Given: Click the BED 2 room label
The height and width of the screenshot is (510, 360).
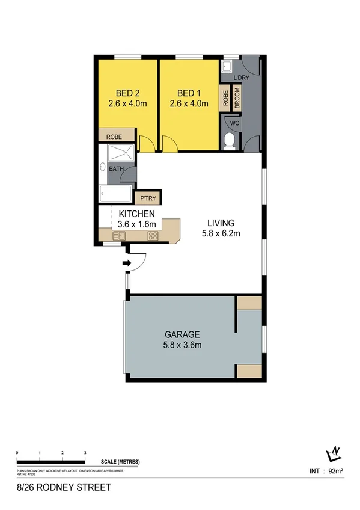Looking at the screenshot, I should pos(127,93).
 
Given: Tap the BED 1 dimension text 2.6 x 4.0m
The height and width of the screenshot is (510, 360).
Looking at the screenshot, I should pos(189,103).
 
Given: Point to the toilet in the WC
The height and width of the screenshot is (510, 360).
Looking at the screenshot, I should pos(228,141).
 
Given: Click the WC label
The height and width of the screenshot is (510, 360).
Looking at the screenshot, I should pos(234,124).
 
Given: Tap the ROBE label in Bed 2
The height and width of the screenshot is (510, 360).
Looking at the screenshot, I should pos(114,137).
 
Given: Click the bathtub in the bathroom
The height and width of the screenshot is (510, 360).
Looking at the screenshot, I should pos(116,194).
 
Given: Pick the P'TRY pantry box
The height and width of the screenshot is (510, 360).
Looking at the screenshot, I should pos(148,198).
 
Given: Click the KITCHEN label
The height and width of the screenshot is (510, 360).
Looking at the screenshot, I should pos(137,214).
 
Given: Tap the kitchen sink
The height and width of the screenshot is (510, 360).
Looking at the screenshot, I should pos(117,236).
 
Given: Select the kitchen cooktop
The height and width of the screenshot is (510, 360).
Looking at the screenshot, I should pos(153,236).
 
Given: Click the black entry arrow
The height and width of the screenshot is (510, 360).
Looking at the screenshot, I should pos(127,263).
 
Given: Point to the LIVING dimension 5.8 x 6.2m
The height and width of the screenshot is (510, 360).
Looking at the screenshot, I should pos(221,234).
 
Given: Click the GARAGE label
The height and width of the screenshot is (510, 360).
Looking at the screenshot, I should pos(182,334).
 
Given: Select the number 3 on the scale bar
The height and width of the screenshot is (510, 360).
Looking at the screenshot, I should pos(85,452).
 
